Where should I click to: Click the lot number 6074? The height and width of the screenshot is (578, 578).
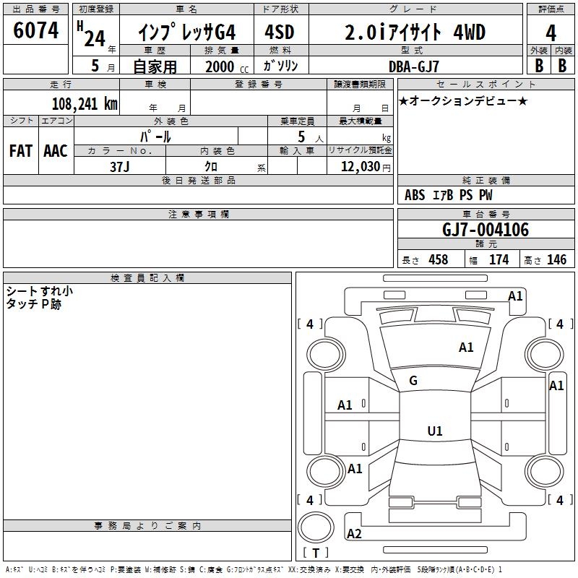tap(35, 30)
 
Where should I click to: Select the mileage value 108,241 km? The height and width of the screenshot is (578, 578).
tap(85, 104)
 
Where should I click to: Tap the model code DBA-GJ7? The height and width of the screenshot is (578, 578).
tap(414, 66)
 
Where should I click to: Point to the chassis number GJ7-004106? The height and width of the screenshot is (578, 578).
tap(486, 230)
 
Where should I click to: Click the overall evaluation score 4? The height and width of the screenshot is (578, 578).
tap(551, 33)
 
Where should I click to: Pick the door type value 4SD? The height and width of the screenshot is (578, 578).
tap(280, 32)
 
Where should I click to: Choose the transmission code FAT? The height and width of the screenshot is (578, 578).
tap(21, 151)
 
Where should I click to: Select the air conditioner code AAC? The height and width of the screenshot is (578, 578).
tap(56, 151)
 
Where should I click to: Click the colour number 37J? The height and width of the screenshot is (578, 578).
tap(120, 167)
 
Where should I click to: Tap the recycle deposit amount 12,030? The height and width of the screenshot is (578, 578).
tap(360, 166)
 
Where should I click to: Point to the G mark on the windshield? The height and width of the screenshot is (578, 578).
tap(413, 381)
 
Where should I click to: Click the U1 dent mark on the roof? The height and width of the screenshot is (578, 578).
tap(435, 431)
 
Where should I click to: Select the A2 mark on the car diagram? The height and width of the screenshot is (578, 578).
tap(354, 534)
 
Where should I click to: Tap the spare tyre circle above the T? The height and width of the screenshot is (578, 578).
tap(316, 528)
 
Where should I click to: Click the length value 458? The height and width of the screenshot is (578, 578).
tap(439, 259)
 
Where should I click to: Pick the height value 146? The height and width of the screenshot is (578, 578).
tap(556, 259)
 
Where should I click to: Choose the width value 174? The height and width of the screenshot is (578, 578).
tap(499, 259)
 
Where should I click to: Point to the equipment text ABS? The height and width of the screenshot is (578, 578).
tap(415, 195)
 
